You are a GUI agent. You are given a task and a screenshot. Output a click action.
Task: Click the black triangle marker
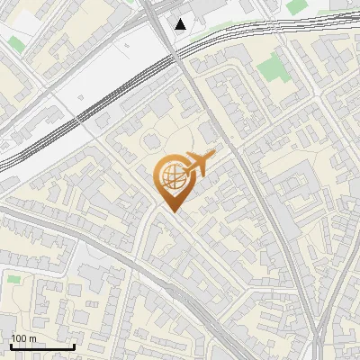click(182, 23)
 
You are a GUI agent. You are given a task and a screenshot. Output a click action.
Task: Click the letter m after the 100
click(32, 338)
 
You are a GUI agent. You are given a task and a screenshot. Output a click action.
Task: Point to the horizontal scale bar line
click(42, 346)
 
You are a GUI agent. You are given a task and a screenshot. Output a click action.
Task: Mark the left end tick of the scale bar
click(11, 346)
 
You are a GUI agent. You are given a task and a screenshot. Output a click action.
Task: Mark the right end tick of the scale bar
click(74, 346)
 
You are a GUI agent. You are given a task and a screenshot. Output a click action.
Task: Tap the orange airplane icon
click(197, 164)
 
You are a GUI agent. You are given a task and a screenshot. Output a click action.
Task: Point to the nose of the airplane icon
click(213, 154)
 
